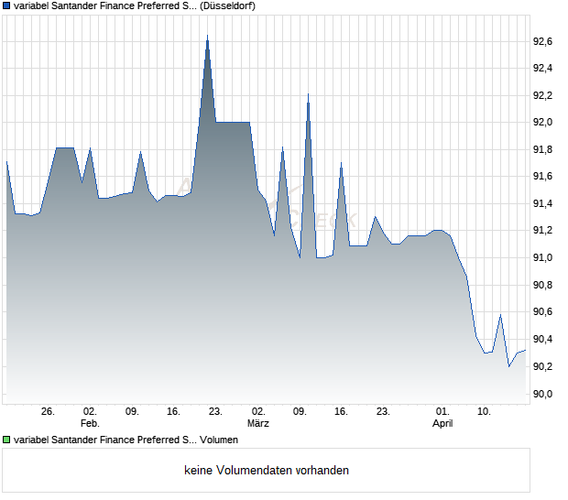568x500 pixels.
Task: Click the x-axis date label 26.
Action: coord(49,411)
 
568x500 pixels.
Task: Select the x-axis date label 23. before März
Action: coord(215,411)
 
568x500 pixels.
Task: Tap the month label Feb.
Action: coord(90,424)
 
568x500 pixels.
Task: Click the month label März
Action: coord(258,424)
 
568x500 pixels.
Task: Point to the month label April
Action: coord(442,424)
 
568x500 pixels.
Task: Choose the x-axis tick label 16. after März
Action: coord(341,411)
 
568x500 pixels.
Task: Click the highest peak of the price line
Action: coord(207,36)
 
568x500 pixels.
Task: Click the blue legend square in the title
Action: coord(7,5)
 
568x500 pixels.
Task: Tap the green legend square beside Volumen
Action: coord(7,440)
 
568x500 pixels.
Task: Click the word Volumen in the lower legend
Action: coord(225,440)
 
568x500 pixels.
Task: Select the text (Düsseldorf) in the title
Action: coord(226,5)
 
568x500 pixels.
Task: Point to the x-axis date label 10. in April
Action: coord(484,411)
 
